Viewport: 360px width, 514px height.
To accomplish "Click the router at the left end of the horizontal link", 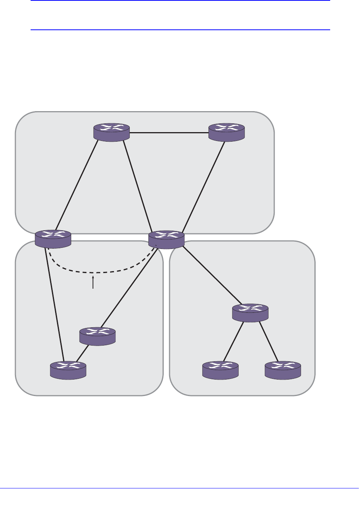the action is [112, 132].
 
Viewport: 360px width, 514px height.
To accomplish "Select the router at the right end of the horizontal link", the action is [226, 132].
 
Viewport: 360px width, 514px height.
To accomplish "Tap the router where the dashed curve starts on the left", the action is [53, 239].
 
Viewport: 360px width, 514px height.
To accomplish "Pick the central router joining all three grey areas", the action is [166, 239].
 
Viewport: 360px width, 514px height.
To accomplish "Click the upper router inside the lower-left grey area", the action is [97, 336].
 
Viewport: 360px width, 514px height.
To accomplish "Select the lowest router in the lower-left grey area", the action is [68, 370].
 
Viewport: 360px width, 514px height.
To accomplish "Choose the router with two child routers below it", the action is [250, 313].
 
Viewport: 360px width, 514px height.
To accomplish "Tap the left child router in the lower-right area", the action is [220, 370].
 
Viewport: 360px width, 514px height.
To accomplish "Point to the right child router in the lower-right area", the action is [283, 370].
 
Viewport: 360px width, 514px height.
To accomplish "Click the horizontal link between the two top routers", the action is [169, 133].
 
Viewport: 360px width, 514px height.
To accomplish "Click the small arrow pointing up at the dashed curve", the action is [93, 283].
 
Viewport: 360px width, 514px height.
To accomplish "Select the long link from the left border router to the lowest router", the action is [54, 304].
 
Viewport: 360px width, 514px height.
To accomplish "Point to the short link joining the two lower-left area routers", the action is [82, 353].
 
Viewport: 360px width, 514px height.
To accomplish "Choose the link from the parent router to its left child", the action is [234, 341].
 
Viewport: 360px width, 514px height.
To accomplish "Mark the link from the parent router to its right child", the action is [269, 341].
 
